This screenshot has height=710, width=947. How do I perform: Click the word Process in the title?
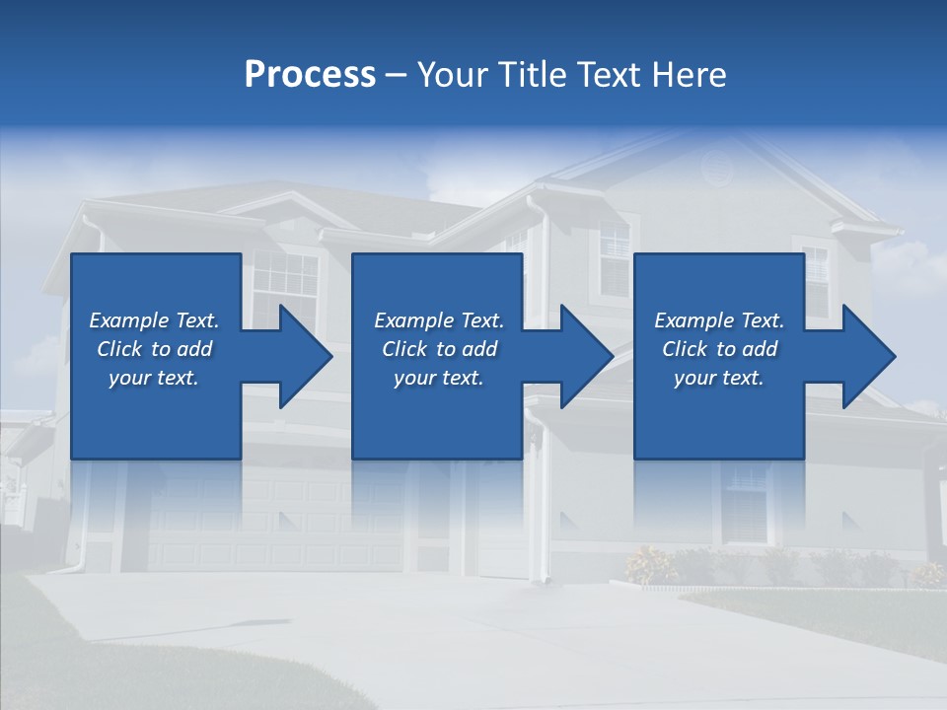tap(310, 75)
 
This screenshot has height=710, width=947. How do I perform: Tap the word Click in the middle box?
tap(405, 349)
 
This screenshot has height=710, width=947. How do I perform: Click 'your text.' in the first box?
tap(154, 378)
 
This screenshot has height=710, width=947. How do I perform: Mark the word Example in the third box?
tap(694, 320)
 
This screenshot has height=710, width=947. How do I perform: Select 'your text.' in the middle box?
tap(439, 378)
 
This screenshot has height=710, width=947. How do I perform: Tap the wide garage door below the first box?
tap(276, 523)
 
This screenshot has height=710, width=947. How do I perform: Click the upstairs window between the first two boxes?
tap(286, 286)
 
